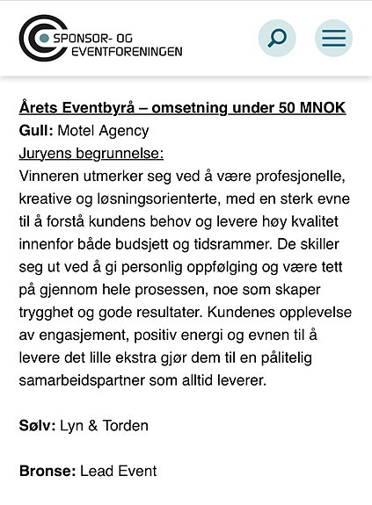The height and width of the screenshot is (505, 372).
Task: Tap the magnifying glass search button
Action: pyautogui.click(x=277, y=38)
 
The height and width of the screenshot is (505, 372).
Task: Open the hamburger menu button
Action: pyautogui.click(x=334, y=38)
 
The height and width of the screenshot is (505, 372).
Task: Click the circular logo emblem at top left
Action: pyautogui.click(x=37, y=37)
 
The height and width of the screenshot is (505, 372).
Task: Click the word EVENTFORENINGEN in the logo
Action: pyautogui.click(x=118, y=51)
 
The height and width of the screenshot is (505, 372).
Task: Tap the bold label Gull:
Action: pyautogui.click(x=36, y=131)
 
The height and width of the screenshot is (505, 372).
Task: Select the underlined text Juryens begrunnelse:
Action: pyautogui.click(x=91, y=154)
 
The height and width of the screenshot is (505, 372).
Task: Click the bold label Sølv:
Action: pyautogui.click(x=37, y=426)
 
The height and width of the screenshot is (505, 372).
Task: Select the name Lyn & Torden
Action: pyautogui.click(x=103, y=426)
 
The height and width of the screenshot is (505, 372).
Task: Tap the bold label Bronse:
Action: pyautogui.click(x=47, y=472)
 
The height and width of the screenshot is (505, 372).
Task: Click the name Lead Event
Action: pyautogui.click(x=118, y=472)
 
